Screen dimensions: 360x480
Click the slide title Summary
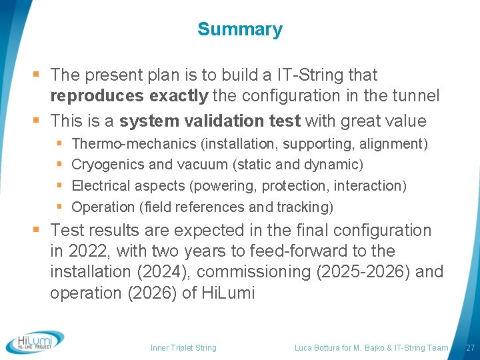click(x=240, y=29)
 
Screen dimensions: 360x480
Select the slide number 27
click(x=470, y=347)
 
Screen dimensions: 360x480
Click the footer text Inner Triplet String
click(x=183, y=347)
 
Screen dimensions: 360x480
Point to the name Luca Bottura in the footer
click(x=319, y=347)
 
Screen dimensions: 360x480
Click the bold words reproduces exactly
click(x=129, y=96)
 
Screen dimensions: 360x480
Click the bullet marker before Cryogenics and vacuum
click(x=60, y=165)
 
